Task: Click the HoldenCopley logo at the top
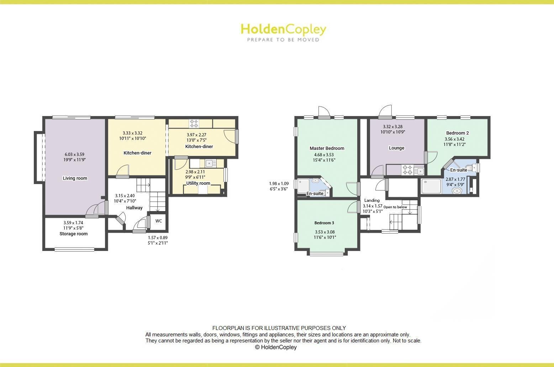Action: [283, 29]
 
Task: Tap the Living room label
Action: [75, 178]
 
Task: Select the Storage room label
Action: [73, 234]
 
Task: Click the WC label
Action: [159, 221]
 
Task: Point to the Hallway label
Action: [134, 208]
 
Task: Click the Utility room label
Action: [198, 183]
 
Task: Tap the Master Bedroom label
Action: [327, 148]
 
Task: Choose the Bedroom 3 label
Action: [324, 223]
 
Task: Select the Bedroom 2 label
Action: [457, 133]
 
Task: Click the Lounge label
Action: [396, 148]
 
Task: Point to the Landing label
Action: [372, 200]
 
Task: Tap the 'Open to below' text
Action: [395, 207]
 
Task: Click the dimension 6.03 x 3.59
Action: [74, 154]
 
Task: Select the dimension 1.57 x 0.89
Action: [158, 238]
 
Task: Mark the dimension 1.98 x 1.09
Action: [279, 184]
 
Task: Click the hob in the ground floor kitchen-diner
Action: [194, 124]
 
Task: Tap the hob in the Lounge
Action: [407, 170]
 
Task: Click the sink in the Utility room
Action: [211, 163]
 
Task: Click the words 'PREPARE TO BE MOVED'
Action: [283, 40]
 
